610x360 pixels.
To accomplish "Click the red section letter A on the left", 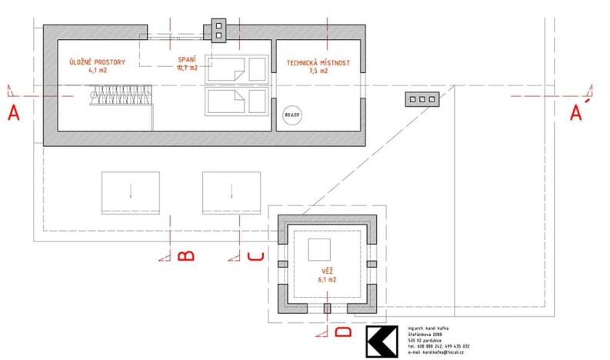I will click(x=12, y=114).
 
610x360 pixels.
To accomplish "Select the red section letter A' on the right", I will click(x=576, y=114).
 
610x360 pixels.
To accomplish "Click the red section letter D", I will click(x=343, y=332).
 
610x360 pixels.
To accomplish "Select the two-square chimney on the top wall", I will click(x=218, y=30).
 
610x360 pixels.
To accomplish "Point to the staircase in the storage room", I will click(x=119, y=95).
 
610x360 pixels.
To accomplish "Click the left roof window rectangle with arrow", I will click(x=131, y=192).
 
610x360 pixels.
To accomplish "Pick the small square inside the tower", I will click(x=318, y=250).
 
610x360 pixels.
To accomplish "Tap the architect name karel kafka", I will click(x=428, y=328).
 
